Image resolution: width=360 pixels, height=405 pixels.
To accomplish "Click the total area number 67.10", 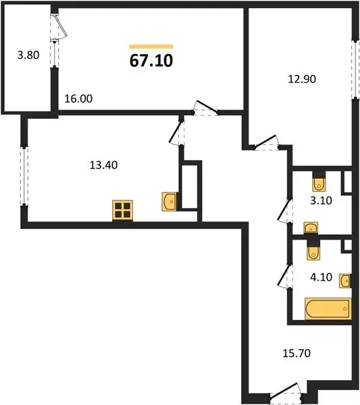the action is coord(151,61).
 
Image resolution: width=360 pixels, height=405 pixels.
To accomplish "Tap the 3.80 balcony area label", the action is coord(28,55).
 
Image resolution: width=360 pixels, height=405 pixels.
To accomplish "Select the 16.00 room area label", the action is coord(78,99).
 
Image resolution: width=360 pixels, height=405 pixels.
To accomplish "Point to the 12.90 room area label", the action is coord(302,79).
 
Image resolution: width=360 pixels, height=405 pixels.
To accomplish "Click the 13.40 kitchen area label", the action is coord(103,165).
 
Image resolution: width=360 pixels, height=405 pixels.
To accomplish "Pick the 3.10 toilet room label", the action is coord(322,200).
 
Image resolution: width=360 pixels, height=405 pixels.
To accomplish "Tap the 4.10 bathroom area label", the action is coord(322,277).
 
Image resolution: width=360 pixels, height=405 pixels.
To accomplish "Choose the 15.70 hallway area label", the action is coord(297,353).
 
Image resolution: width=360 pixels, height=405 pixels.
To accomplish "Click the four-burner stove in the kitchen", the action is coord(123,211).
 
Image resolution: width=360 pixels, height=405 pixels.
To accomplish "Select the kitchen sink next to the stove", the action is coord(170,202).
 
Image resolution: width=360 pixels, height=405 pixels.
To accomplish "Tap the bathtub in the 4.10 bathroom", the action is coord(328,308).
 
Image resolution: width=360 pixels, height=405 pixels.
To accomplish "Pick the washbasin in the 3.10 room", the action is coord(311,228).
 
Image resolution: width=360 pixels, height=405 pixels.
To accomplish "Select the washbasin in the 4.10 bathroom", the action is coord(345,281).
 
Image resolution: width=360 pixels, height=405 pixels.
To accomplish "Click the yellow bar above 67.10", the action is coord(151,47).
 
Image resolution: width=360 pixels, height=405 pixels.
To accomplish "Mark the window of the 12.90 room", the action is coord(355,70).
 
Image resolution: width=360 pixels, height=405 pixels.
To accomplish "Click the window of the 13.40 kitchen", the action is coord(24,176).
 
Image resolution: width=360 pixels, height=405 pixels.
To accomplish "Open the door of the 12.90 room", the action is coord(266,142).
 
